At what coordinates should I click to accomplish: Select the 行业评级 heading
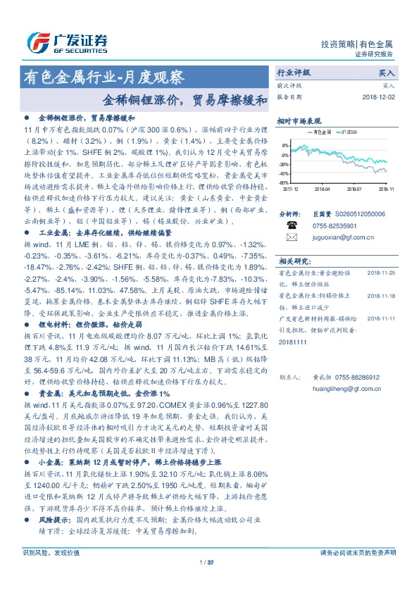(x=294, y=73)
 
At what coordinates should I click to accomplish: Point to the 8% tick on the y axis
(x=286, y=146)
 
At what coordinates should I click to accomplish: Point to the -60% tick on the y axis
(x=284, y=182)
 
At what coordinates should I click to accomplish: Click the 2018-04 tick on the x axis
(x=323, y=189)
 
